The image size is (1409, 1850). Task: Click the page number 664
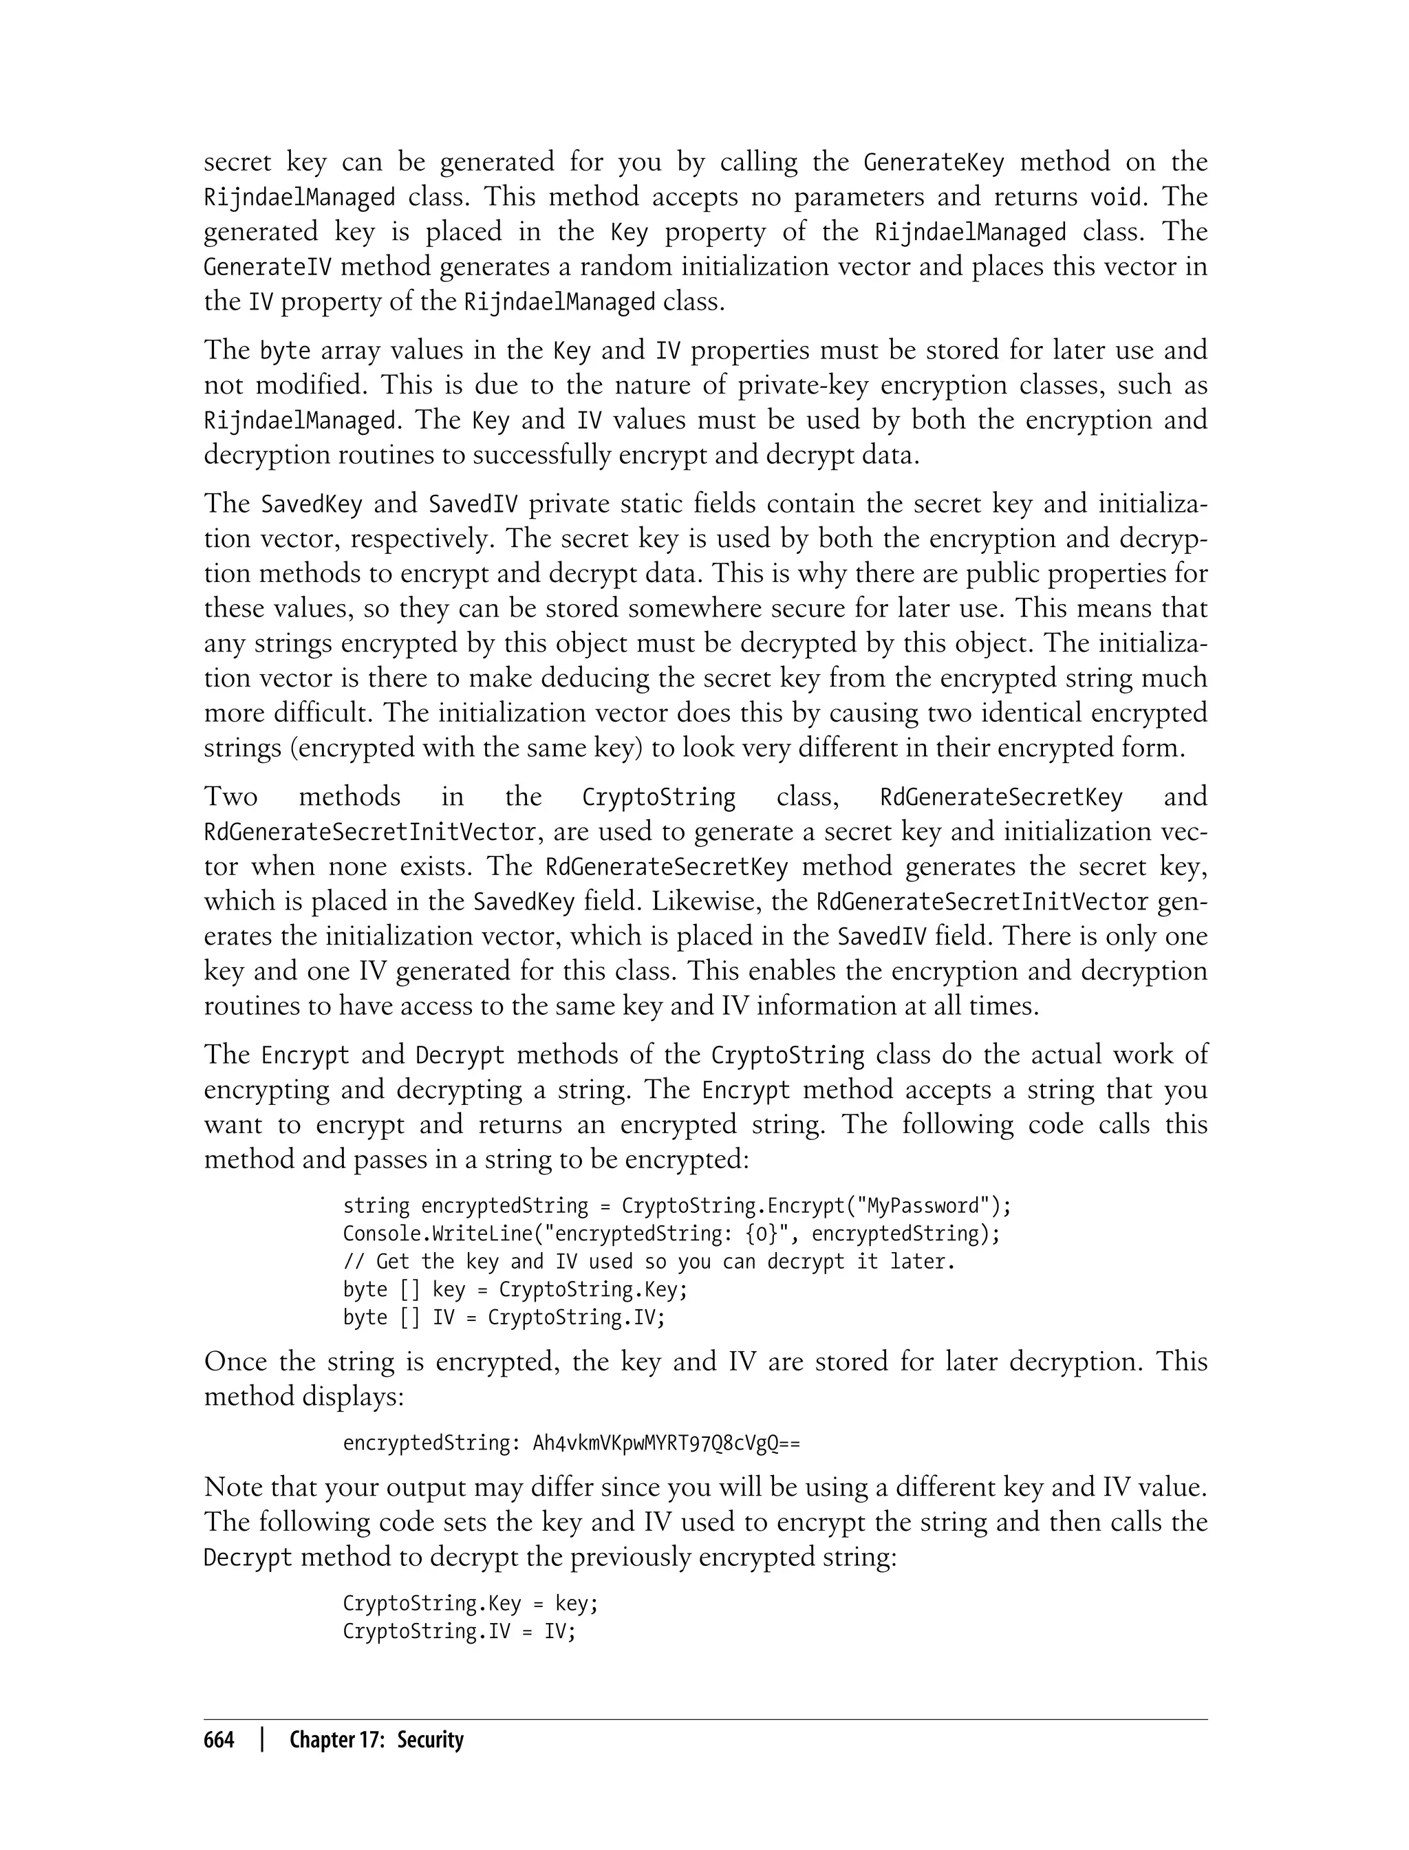(219, 1740)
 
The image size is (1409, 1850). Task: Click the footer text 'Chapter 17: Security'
(376, 1740)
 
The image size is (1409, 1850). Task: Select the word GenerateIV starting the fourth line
(268, 267)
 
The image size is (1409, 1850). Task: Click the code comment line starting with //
(648, 1261)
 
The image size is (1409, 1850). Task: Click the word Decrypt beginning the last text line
(248, 1558)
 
